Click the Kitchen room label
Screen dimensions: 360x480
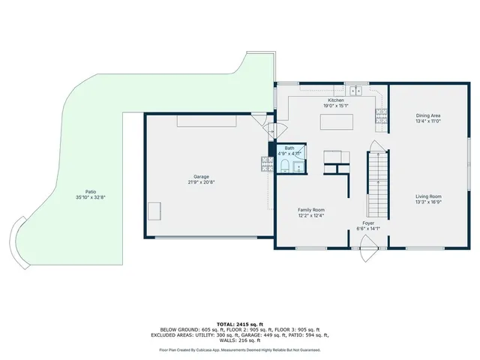coord(335,100)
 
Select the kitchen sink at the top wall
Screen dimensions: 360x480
coord(356,91)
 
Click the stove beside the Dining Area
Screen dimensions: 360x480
coord(381,115)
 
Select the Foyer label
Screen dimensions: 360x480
coord(369,223)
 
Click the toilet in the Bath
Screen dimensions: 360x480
coord(286,168)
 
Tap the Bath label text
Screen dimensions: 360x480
coord(289,148)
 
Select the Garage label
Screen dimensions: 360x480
coord(201,177)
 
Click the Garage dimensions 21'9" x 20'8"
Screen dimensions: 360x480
coord(201,182)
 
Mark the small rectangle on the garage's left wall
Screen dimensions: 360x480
coord(154,211)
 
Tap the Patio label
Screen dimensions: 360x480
coord(91,191)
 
